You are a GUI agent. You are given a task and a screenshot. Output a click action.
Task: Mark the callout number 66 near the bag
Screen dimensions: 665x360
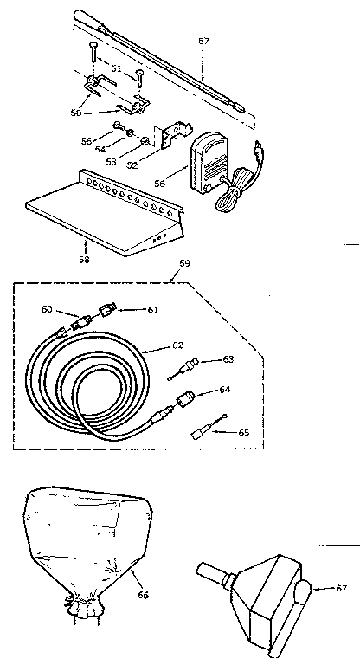point(143,596)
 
